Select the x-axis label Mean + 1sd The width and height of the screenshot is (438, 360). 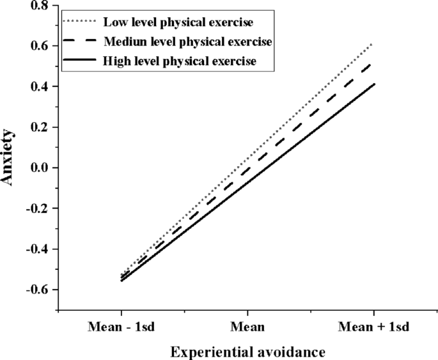click(x=373, y=326)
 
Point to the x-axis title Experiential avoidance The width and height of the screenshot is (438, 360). click(x=248, y=351)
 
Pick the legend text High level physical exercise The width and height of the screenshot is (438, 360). click(x=178, y=61)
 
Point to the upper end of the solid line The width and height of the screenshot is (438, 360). click(x=373, y=84)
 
